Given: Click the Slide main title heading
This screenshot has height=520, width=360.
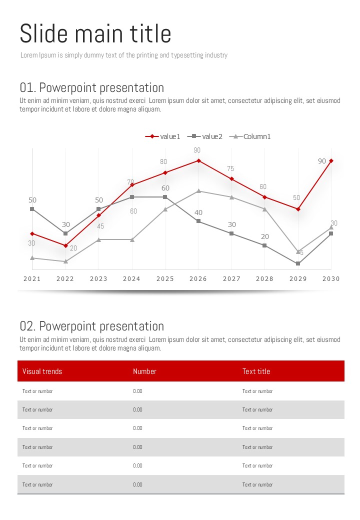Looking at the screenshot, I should tap(95, 34).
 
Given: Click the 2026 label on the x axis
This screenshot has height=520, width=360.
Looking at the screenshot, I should tap(198, 279).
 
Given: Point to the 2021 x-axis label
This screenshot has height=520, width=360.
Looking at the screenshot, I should tap(32, 279).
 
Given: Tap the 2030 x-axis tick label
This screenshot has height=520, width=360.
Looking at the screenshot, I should tap(331, 279).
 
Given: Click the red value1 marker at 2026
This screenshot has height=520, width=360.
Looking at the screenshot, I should tap(198, 160).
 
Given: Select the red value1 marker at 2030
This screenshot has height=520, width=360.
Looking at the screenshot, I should tap(331, 160).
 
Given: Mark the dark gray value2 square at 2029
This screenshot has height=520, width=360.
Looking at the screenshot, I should tap(298, 263).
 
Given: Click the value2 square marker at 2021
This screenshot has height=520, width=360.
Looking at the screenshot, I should tap(32, 209).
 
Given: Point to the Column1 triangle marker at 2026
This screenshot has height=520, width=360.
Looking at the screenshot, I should tap(198, 190).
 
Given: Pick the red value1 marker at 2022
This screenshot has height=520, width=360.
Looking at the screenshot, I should tap(65, 245).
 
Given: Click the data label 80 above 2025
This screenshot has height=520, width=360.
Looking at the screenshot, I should tap(163, 162).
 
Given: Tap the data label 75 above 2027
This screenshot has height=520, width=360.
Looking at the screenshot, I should tap(230, 169).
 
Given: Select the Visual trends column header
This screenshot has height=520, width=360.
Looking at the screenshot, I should tap(42, 371).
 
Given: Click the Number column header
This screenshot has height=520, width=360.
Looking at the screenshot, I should tap(144, 371).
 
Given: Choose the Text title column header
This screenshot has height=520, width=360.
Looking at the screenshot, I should tap(256, 371).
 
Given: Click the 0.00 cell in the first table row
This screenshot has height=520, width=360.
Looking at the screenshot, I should tap(137, 391).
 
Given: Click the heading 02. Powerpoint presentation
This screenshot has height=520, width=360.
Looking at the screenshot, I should tap(92, 326).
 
